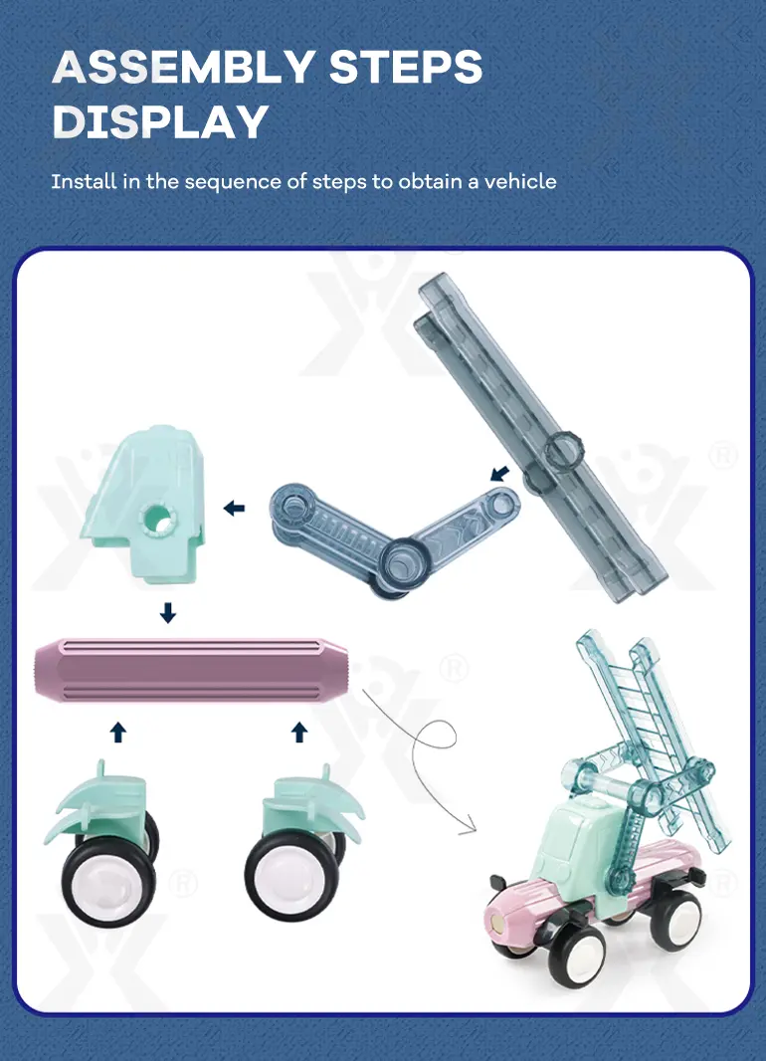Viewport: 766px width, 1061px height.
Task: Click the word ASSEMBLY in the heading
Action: [x=183, y=67]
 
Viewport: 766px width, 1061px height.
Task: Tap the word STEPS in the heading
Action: [x=406, y=67]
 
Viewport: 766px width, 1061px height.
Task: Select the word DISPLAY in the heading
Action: [x=160, y=121]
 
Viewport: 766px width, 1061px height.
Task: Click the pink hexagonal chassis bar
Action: [x=191, y=670]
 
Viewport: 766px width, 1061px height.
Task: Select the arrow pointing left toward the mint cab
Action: [x=234, y=508]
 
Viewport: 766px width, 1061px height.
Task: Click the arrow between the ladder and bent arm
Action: [x=499, y=473]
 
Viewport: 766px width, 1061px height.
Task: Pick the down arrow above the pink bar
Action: [x=168, y=613]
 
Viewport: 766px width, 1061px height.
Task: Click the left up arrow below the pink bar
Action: [x=118, y=732]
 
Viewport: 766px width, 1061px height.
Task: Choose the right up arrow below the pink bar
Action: [x=299, y=732]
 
